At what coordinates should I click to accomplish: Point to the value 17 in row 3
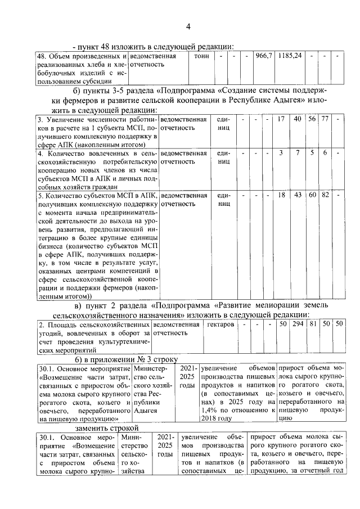coord(282,119)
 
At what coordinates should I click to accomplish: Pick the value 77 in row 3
coord(325,119)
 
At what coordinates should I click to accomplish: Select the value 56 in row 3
coord(312,119)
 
